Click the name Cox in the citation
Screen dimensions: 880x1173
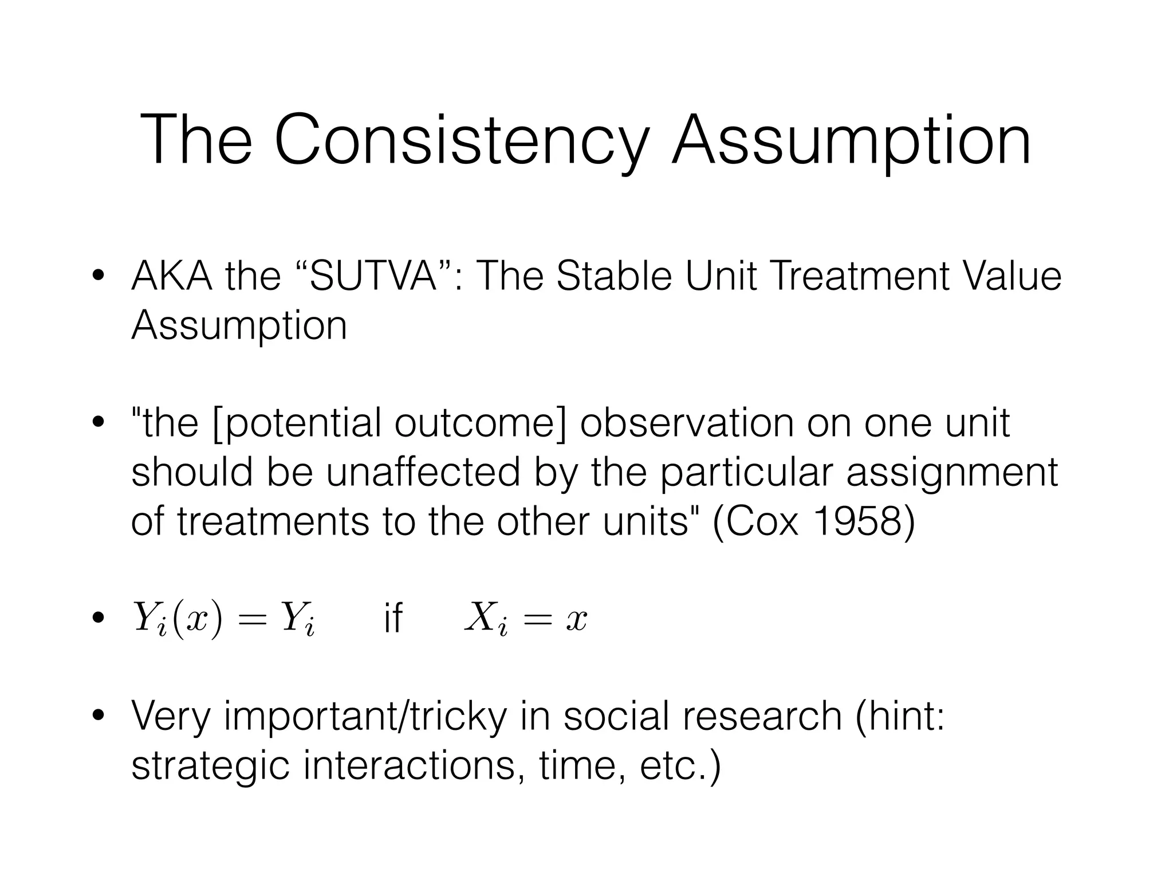tap(763, 522)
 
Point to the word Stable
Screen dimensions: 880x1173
tap(614, 276)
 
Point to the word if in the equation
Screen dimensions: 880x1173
tap(393, 619)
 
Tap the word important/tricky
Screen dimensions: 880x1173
tap(365, 718)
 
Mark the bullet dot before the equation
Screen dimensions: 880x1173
tap(99, 619)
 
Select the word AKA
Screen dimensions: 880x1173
tap(172, 276)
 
